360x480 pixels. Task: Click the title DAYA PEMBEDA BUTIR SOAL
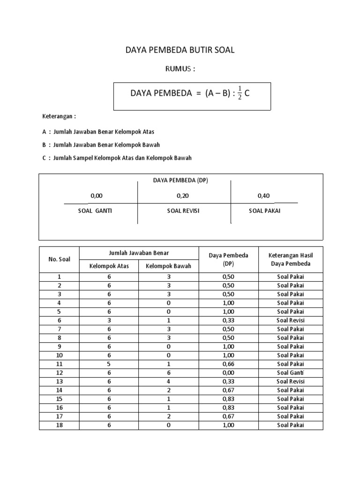[x=180, y=50]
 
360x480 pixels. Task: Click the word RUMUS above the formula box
[x=180, y=69]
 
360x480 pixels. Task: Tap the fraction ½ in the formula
[x=239, y=93]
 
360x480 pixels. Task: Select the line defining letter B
[x=101, y=145]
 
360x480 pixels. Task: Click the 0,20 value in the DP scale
[x=183, y=196]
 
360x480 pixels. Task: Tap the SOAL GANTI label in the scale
[x=95, y=211]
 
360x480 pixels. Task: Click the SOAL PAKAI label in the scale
[x=264, y=211]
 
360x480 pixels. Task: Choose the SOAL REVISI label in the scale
[x=183, y=211]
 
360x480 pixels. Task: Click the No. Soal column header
[x=59, y=259]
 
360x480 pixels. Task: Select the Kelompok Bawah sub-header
[x=168, y=266]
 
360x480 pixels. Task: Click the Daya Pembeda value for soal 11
[x=228, y=364]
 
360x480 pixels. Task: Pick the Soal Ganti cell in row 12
[x=290, y=373]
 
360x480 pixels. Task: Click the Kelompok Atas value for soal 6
[x=109, y=320]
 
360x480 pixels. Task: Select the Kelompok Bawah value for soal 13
[x=168, y=382]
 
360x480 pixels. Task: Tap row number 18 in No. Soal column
[x=59, y=425]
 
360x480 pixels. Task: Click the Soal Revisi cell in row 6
[x=290, y=320]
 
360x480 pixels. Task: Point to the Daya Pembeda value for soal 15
[x=228, y=399]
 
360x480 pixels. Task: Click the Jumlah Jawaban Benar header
[x=139, y=253]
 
